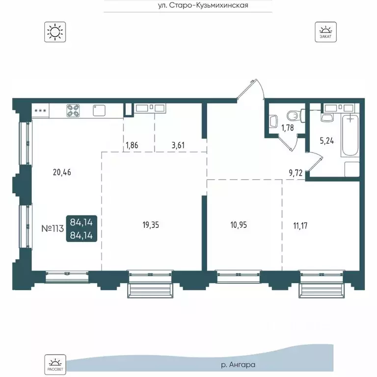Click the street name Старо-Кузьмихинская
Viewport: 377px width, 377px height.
click(203, 5)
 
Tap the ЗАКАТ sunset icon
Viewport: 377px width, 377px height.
click(325, 32)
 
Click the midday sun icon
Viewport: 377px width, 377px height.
click(55, 32)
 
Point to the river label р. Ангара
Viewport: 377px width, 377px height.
click(238, 365)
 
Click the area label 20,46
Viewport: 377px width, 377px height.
click(62, 172)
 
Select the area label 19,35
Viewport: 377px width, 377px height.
click(151, 225)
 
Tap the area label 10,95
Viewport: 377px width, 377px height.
click(239, 225)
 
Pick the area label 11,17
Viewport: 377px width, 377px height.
click(300, 226)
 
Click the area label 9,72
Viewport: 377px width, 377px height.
click(296, 173)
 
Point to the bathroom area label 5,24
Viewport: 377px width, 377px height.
click(327, 141)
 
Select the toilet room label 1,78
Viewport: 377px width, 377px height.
click(288, 128)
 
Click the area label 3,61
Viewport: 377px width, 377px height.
click(178, 145)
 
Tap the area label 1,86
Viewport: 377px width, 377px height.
click(132, 145)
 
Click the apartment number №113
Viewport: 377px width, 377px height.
click(53, 228)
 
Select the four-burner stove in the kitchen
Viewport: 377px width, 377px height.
click(73, 110)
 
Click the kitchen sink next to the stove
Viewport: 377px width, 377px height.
click(99, 110)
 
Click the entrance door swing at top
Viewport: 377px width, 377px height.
click(251, 88)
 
